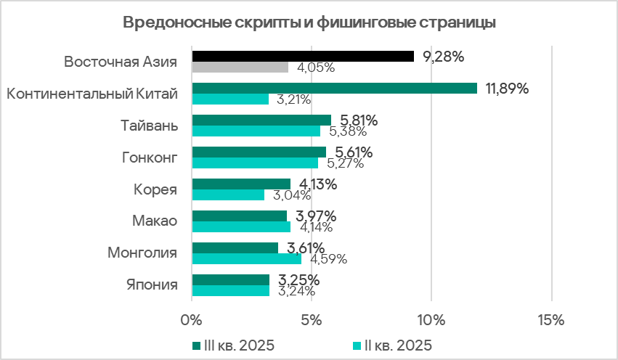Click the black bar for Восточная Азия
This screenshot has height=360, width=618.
302,57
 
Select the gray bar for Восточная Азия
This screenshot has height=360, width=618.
240,67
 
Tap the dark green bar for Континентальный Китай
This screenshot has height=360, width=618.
334,89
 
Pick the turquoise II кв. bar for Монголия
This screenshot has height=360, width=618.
246,258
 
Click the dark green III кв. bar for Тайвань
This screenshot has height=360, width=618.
261,120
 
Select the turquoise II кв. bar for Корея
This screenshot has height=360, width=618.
228,195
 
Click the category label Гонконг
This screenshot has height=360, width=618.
149,157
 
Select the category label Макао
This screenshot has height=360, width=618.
155,221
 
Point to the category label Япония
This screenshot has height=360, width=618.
151,285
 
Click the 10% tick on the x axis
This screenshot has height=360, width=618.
431,319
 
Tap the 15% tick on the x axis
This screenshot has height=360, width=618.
550,319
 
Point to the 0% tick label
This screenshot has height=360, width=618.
192,319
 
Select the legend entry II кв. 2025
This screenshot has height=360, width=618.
396,344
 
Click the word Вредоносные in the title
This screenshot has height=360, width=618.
169,22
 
